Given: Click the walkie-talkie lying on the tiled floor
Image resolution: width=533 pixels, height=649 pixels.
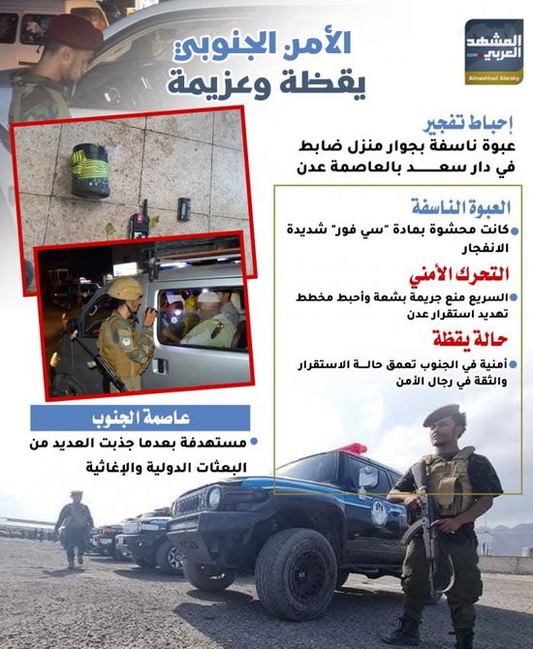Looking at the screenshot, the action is pyautogui.click(x=141, y=221).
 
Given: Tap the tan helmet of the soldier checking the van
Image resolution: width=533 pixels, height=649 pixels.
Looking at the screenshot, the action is pyautogui.click(x=126, y=287).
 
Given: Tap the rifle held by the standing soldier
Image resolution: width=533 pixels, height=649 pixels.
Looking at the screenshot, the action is pyautogui.click(x=423, y=528).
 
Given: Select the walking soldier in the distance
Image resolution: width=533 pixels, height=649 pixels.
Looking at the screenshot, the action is pyautogui.click(x=75, y=527).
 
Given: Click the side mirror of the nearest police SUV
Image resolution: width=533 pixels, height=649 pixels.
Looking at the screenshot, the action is pyautogui.click(x=368, y=478).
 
